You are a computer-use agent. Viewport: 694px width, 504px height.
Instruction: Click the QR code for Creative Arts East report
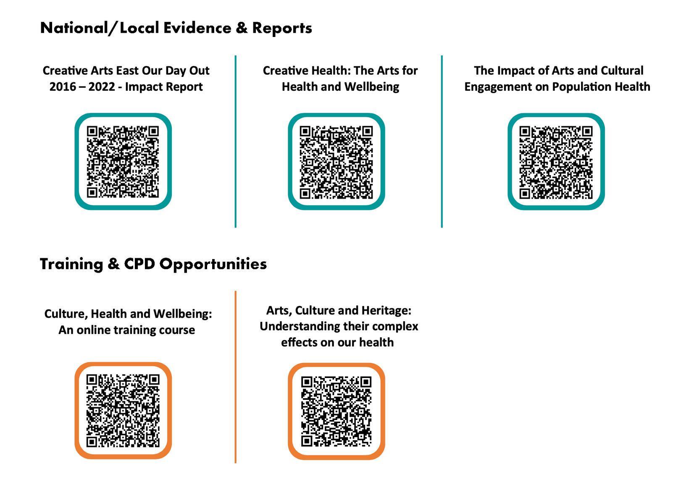point(123,162)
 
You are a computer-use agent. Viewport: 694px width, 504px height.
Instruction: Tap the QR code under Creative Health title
point(336,162)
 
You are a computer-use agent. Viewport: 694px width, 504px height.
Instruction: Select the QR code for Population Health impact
point(556,162)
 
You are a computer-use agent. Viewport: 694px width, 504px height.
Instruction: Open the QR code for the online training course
point(123,410)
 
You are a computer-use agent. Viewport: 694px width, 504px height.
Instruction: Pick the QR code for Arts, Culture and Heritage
point(336,411)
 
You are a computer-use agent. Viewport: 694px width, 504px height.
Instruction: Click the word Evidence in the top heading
point(197,28)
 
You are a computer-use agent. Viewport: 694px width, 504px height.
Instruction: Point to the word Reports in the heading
point(282,28)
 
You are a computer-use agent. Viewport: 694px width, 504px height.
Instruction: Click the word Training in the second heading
point(71,264)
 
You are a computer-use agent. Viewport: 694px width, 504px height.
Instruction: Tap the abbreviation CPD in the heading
point(139,264)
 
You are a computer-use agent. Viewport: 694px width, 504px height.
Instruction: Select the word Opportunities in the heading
point(213,264)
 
